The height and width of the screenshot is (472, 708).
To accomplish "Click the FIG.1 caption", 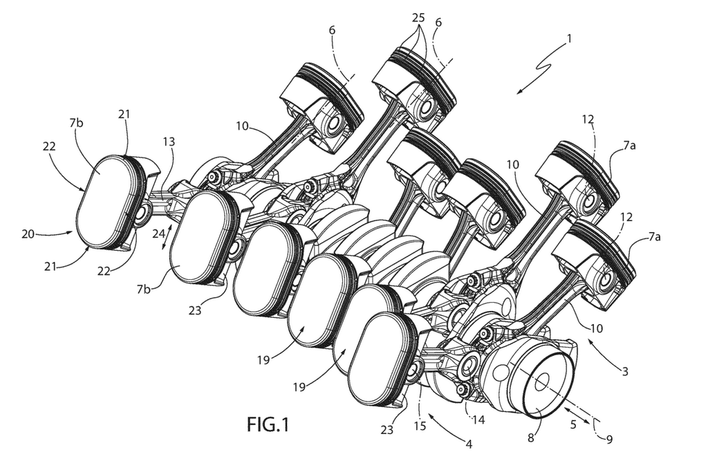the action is tap(268, 424).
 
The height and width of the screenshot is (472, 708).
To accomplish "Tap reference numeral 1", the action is tap(569, 39).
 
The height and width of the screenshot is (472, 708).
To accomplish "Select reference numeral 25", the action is tap(418, 18).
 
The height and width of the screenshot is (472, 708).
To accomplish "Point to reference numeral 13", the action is tap(169, 142).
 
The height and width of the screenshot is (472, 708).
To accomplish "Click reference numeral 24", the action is tap(158, 234).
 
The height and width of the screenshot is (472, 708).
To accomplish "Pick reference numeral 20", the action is tap(28, 234).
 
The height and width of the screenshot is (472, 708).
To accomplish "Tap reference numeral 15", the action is tap(420, 426).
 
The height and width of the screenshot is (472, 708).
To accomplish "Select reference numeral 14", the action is tap(478, 419).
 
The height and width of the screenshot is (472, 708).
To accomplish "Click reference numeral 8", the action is tap(531, 437).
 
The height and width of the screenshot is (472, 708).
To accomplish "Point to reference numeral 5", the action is tap(573, 424).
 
